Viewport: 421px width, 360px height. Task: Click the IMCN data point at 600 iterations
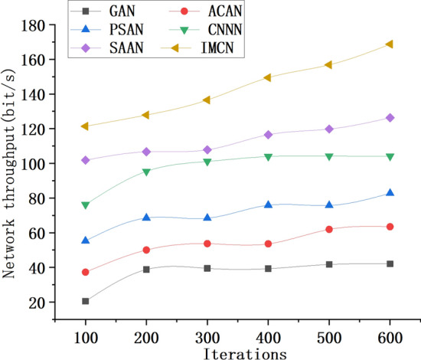pyautogui.click(x=390, y=44)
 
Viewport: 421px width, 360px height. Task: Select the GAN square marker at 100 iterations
pyautogui.click(x=86, y=301)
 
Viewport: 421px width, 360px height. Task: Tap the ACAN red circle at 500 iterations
pyautogui.click(x=329, y=229)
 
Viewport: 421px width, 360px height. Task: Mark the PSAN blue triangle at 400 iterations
pyautogui.click(x=268, y=205)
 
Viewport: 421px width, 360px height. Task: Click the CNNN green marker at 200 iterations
pyautogui.click(x=146, y=172)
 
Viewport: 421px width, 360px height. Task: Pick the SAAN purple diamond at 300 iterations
pyautogui.click(x=207, y=150)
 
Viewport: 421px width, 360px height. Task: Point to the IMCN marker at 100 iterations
pyautogui.click(x=86, y=126)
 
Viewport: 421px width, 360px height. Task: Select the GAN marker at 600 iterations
pyautogui.click(x=390, y=263)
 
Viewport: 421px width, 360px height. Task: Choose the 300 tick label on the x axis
pyautogui.click(x=207, y=338)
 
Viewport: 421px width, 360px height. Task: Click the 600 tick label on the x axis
pyautogui.click(x=390, y=338)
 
